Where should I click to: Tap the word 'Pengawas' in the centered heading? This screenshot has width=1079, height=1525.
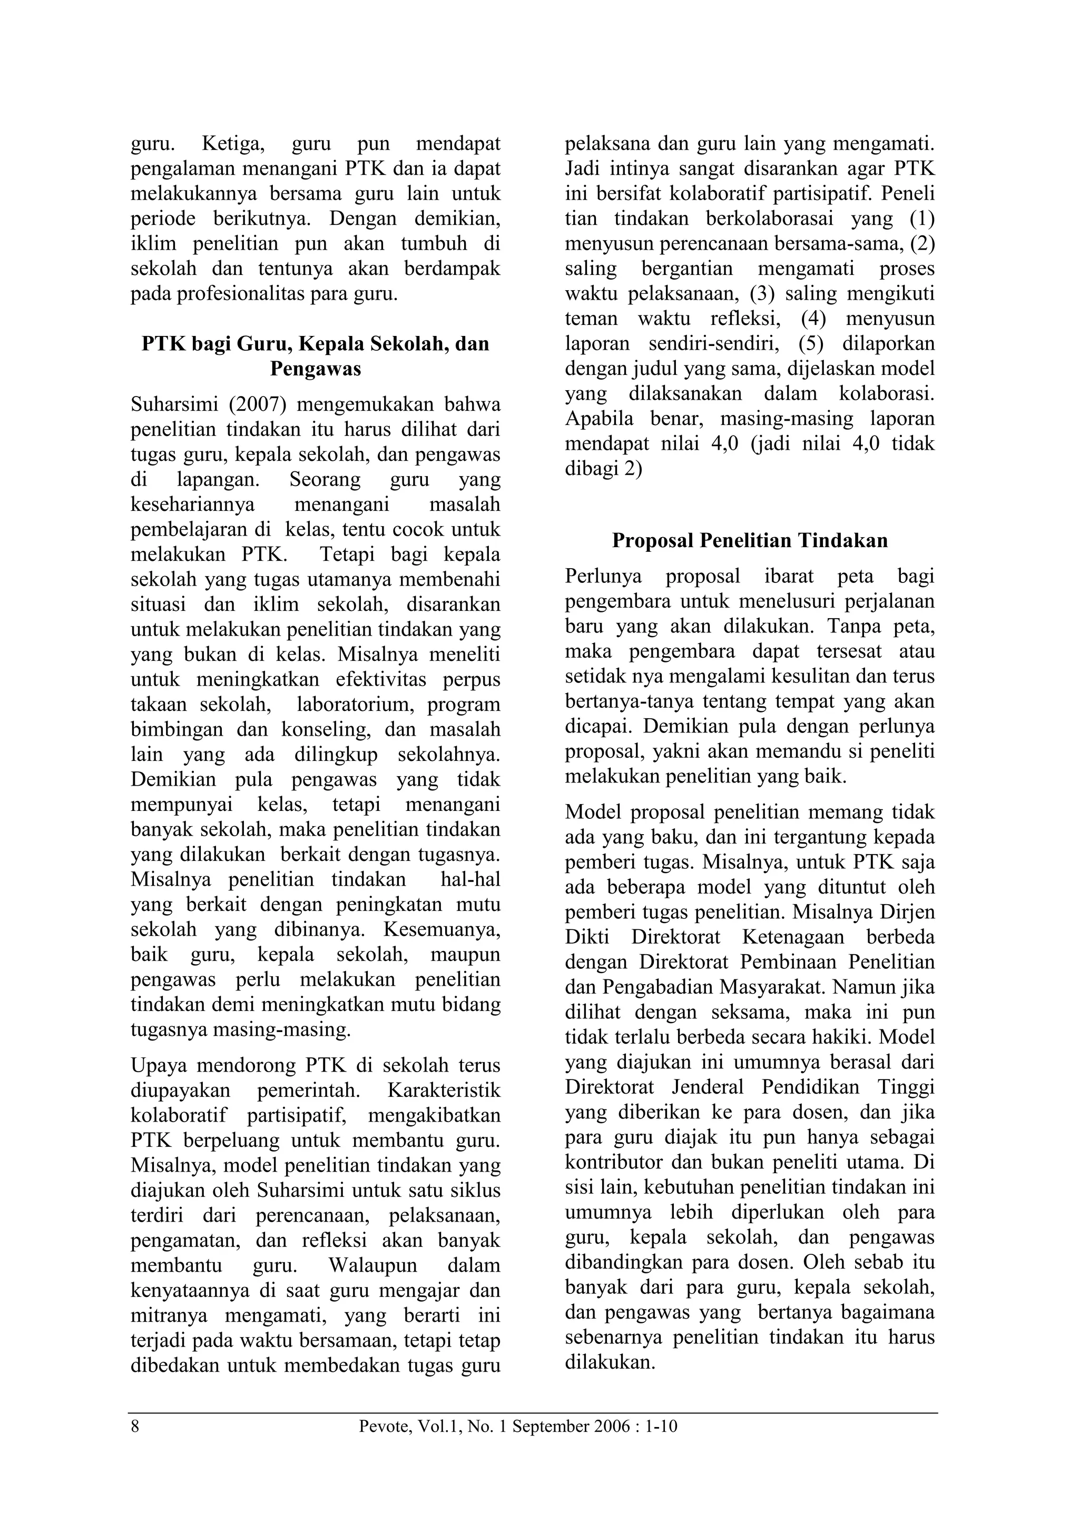[315, 369]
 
